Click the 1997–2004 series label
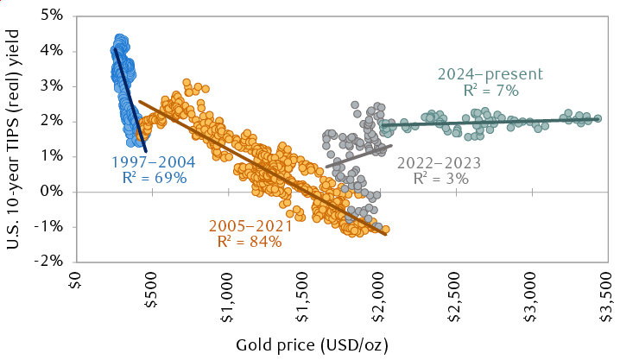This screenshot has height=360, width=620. click(x=153, y=161)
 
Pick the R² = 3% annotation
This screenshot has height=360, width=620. click(x=440, y=179)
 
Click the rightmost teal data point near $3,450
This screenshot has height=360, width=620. click(x=598, y=119)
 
